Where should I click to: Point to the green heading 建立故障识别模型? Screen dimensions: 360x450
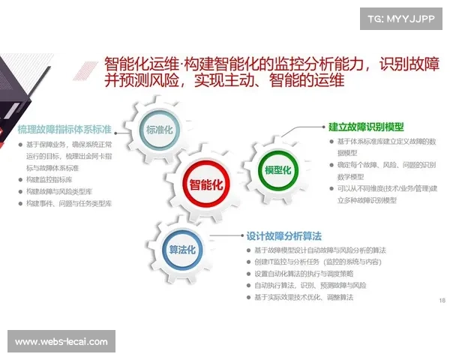366,127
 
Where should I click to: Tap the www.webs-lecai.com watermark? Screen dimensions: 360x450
61,341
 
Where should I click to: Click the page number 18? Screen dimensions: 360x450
440,300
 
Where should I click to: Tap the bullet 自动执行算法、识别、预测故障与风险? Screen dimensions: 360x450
310,286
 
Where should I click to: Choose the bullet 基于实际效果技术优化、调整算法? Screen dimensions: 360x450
304,298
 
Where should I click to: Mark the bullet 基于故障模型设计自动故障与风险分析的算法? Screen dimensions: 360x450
320,250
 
